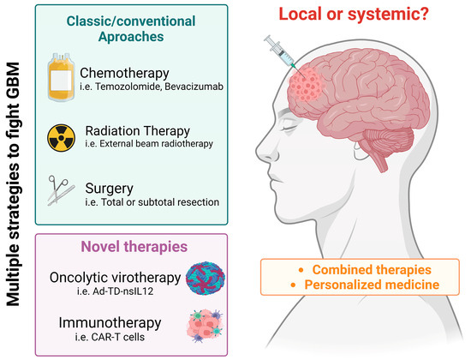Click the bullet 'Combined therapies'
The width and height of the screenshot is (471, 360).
pos(348,268)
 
